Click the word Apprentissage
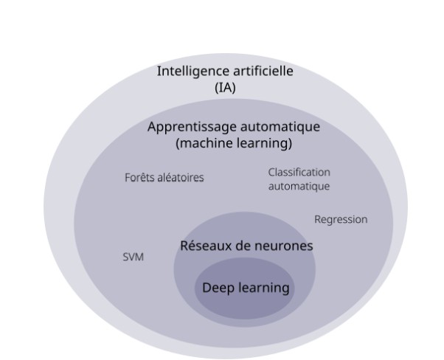point(190,127)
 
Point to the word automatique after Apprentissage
point(279,127)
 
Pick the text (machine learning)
point(234,142)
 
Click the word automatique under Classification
point(298,187)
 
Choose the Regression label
point(340,219)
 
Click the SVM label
point(133,257)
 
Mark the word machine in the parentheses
point(204,142)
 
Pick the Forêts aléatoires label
point(164,178)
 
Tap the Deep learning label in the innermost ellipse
point(245,288)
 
